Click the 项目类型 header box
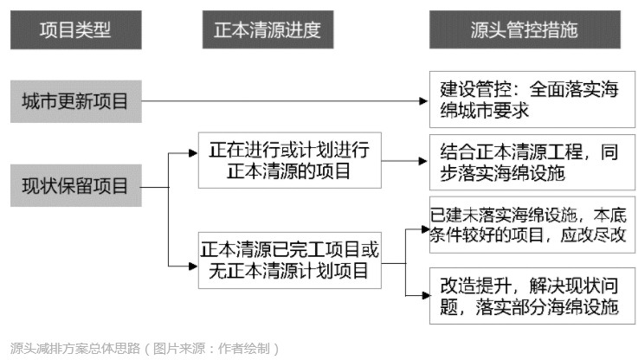point(76,30)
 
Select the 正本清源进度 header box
point(267,30)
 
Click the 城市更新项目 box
point(76,101)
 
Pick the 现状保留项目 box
point(76,184)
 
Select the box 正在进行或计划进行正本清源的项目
point(289,161)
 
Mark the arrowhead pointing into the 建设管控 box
point(424,101)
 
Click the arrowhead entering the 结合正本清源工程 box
point(424,161)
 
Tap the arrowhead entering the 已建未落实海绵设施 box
point(424,229)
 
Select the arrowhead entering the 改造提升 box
point(424,294)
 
